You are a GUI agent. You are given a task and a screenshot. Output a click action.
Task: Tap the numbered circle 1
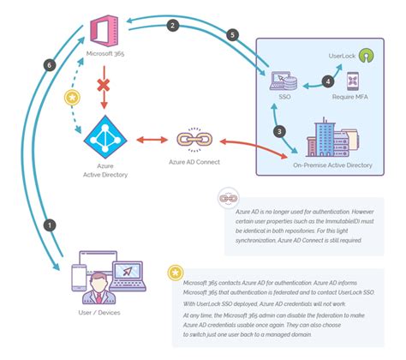pos(51,225)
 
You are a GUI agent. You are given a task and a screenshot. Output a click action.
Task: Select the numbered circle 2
pos(173,27)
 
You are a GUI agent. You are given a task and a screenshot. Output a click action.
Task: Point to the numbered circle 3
pos(278,131)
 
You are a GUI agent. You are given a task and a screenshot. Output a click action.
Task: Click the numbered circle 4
pos(326,82)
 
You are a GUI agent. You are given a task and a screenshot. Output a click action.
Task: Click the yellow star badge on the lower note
pos(175,273)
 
